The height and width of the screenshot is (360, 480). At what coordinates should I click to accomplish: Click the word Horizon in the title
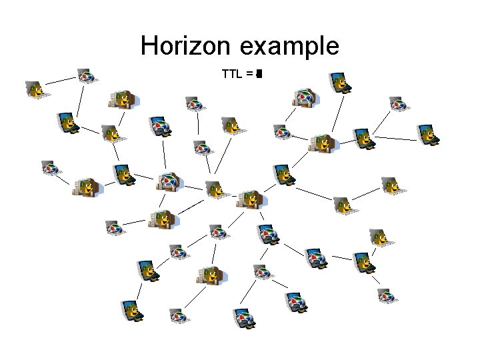click(186, 47)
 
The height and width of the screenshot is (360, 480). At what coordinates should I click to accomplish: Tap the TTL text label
click(232, 73)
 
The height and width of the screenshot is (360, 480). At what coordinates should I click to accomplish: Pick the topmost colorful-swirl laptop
click(85, 75)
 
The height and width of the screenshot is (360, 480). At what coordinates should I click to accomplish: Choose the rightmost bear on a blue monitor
click(428, 134)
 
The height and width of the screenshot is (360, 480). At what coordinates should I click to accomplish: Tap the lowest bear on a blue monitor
click(132, 310)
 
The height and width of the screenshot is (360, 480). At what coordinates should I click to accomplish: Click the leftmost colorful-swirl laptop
click(50, 167)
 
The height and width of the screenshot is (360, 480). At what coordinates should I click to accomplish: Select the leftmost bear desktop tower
click(87, 187)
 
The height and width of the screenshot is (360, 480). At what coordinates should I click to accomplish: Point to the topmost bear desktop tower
click(123, 100)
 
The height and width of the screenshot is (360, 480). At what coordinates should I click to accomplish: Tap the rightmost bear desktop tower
click(323, 143)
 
